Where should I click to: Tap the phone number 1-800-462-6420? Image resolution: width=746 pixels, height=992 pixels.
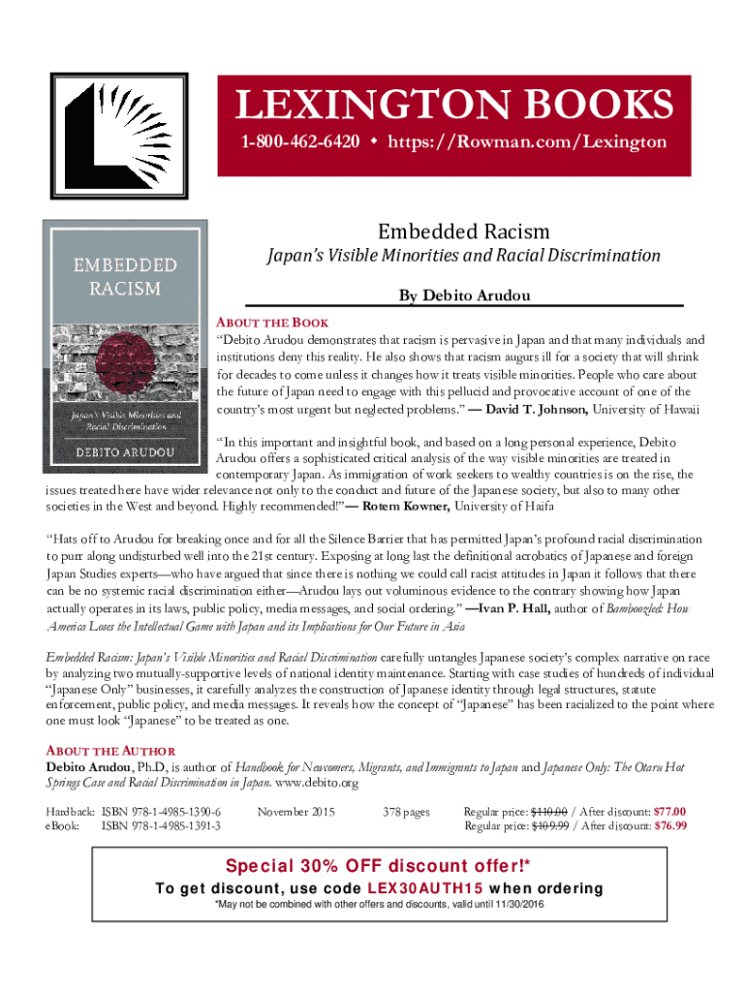(x=300, y=142)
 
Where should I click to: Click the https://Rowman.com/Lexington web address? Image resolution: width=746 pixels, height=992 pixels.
(x=527, y=142)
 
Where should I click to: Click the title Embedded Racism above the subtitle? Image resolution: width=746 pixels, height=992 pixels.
(x=463, y=232)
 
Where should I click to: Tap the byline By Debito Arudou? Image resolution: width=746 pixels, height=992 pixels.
(x=464, y=294)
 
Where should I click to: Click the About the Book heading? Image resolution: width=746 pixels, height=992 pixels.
(x=272, y=323)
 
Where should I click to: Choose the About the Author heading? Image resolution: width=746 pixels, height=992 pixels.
(x=110, y=751)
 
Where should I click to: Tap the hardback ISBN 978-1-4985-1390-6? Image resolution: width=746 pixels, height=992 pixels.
(x=161, y=811)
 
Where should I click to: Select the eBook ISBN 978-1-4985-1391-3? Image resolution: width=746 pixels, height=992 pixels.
(x=161, y=825)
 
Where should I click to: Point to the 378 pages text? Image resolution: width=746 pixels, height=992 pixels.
(x=406, y=811)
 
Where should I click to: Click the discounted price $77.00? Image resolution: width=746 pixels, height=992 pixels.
(x=669, y=811)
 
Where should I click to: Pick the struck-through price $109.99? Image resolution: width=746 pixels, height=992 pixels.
(x=550, y=825)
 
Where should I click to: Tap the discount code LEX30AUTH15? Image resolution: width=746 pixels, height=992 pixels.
(x=423, y=888)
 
